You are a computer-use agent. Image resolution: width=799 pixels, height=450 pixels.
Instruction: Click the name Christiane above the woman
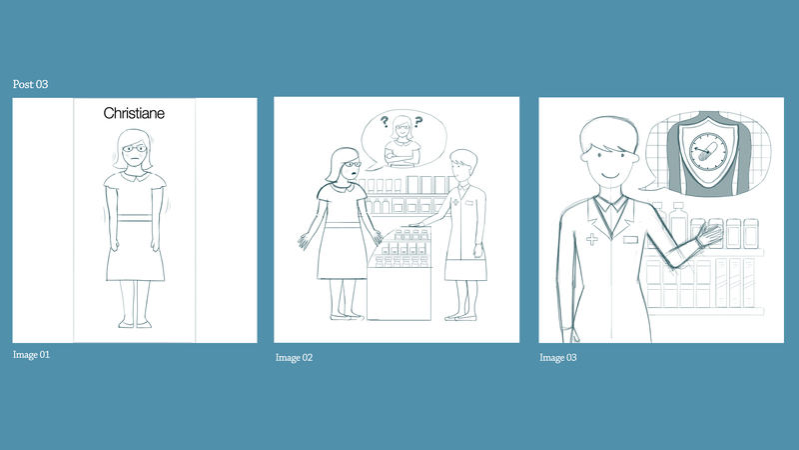point(134,113)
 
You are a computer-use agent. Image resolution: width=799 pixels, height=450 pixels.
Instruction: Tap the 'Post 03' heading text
point(31,84)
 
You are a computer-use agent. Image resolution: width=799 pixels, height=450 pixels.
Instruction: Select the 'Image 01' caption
point(32,355)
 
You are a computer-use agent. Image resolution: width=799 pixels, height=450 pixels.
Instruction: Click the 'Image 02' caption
point(294,358)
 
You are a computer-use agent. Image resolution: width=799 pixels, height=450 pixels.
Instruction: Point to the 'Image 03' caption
point(558,358)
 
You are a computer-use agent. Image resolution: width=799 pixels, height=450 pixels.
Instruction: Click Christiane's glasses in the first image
point(135,148)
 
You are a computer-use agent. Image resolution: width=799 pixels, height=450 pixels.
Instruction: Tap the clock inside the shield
point(708,151)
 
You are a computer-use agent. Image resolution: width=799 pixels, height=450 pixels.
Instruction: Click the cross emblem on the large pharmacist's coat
point(591,239)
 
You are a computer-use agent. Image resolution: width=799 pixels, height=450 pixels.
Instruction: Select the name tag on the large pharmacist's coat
point(630,239)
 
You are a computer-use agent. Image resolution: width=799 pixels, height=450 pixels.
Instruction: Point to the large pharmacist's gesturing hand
point(709,236)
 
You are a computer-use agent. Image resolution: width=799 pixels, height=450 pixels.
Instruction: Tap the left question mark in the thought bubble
point(385,121)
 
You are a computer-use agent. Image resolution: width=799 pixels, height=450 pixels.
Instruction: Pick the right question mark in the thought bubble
point(418,122)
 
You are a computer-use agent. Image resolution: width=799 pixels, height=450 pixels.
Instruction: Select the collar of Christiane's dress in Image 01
point(135,177)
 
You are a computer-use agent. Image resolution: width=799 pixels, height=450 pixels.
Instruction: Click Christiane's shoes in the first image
point(135,324)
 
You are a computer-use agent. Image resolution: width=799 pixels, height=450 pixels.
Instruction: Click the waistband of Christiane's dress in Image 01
point(135,218)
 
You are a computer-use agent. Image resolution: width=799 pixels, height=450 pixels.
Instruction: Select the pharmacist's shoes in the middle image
point(461,318)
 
